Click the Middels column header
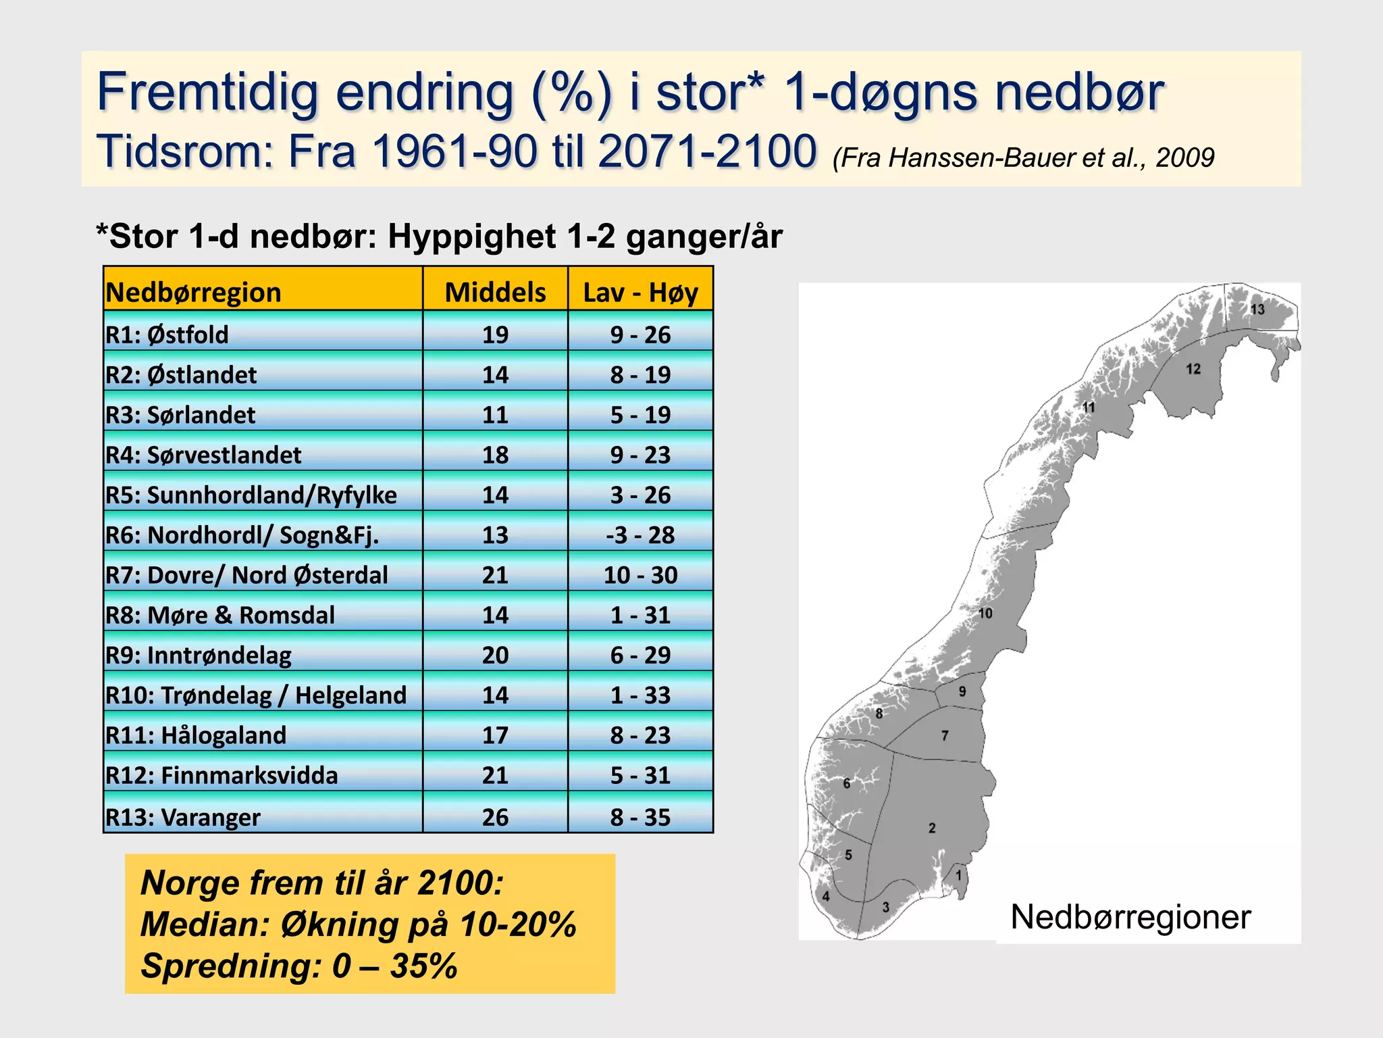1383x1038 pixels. (495, 293)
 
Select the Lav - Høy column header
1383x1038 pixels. (640, 293)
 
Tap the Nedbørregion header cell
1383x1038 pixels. (194, 293)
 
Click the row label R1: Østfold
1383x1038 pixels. (167, 335)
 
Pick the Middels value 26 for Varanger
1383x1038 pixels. (495, 817)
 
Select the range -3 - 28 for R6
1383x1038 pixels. (640, 535)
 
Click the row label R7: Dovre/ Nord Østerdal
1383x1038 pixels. (247, 575)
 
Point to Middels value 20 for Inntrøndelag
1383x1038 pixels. (495, 655)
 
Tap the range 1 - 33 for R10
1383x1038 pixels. (640, 695)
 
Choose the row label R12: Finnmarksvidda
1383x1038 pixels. (221, 775)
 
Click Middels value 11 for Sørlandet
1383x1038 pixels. (495, 415)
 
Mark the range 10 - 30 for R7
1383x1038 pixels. (640, 575)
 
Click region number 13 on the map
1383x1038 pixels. (1257, 310)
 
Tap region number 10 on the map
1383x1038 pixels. (985, 614)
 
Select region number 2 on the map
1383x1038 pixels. (932, 828)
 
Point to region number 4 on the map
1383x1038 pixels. (825, 897)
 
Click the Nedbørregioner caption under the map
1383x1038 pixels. (1130, 917)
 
